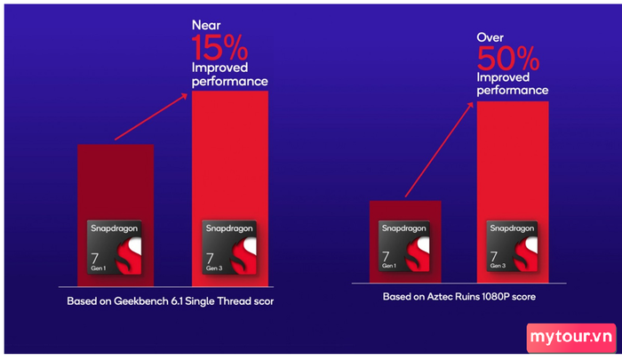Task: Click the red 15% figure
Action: (219, 47)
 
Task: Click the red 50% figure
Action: (508, 58)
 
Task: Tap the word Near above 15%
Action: (206, 25)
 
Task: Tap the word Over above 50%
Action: (490, 37)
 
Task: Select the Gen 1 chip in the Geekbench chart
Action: (115, 247)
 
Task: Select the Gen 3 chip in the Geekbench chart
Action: (229, 247)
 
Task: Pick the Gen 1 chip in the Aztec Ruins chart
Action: (403, 246)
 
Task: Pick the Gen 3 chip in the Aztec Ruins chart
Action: (512, 246)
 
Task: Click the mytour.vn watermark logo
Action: (571, 338)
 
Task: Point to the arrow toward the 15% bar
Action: (151, 116)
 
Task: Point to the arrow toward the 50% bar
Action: (439, 149)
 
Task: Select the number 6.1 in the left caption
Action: (177, 301)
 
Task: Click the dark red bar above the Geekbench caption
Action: (116, 215)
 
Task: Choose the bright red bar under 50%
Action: (513, 192)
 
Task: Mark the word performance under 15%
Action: (229, 82)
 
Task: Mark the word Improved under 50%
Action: (503, 77)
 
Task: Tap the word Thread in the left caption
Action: (234, 301)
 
